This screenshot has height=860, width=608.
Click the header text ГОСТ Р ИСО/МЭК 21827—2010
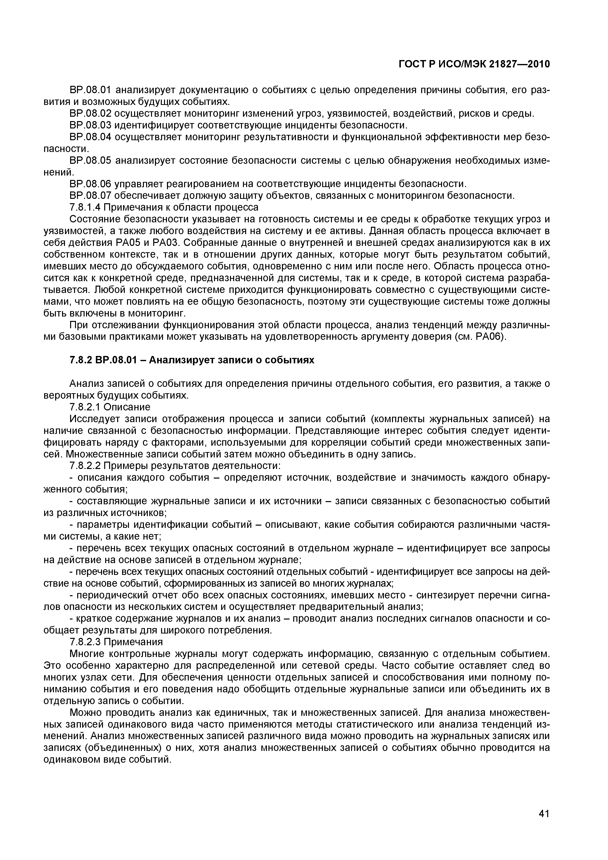[x=474, y=64]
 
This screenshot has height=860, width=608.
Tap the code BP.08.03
[x=91, y=125]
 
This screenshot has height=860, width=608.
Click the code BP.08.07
[x=91, y=196]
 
